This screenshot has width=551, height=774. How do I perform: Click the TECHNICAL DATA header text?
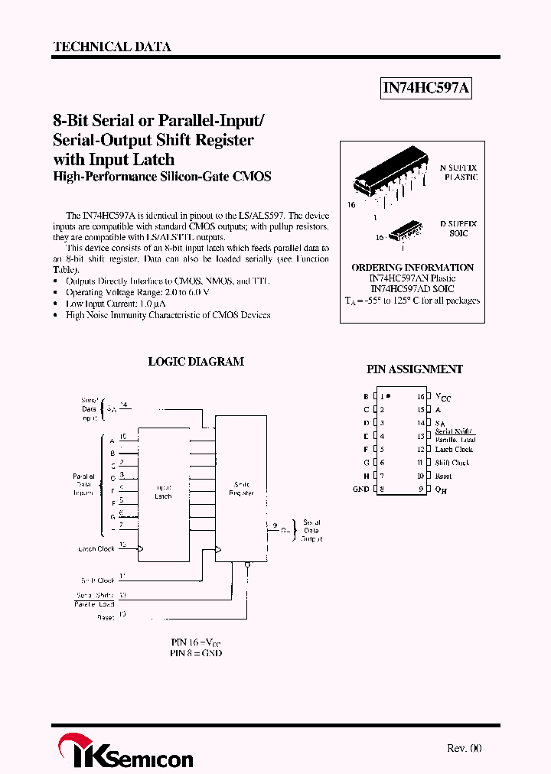(112, 47)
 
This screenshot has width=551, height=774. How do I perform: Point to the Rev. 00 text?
(464, 749)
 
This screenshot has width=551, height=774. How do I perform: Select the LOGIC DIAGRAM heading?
(196, 362)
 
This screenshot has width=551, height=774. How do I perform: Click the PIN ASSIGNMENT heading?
(414, 369)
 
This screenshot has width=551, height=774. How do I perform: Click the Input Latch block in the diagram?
(163, 492)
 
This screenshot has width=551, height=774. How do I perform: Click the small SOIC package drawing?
(403, 230)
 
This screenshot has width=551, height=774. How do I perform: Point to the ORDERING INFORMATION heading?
(412, 268)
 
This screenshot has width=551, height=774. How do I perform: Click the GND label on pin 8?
(360, 489)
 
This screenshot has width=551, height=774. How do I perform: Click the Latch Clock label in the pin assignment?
(454, 450)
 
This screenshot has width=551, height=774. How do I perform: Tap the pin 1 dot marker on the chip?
(388, 396)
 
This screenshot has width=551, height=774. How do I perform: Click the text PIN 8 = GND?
(196, 654)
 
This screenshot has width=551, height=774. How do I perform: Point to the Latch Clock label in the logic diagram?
(96, 549)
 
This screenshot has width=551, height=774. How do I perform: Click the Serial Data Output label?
(311, 531)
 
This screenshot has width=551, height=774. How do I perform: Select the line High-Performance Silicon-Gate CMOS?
(162, 177)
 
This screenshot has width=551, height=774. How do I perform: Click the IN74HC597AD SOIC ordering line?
(412, 289)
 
